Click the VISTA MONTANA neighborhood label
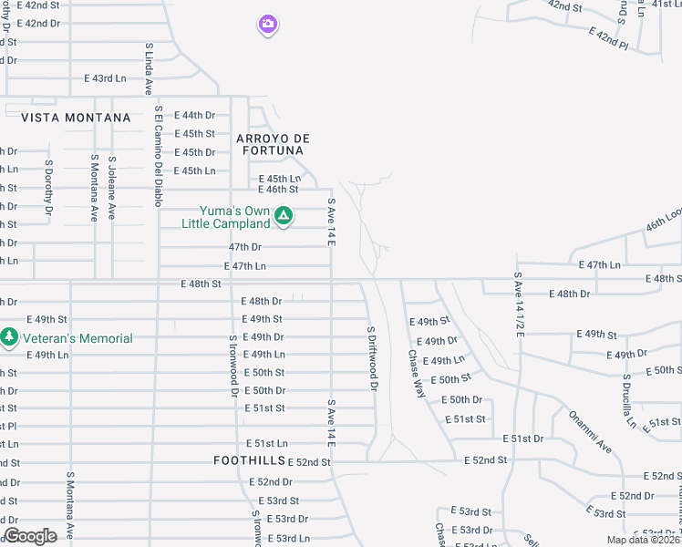click(x=76, y=118)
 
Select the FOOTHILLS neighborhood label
click(x=249, y=460)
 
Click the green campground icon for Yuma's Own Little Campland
click(x=284, y=216)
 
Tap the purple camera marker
click(x=267, y=25)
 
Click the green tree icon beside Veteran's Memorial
click(x=9, y=337)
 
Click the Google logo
click(x=30, y=536)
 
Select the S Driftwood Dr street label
click(x=372, y=358)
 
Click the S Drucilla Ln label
click(x=628, y=400)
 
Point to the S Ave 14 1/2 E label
click(x=519, y=304)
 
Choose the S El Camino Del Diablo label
click(x=158, y=156)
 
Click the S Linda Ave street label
click(x=148, y=68)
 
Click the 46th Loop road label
click(x=663, y=223)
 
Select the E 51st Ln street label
click(x=265, y=442)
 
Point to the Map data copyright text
click(x=643, y=540)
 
